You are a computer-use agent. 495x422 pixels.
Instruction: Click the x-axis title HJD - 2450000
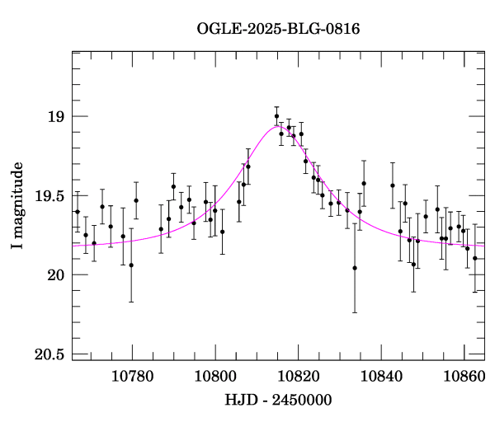[x=278, y=401]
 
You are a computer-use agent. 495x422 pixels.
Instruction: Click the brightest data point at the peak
[x=276, y=116]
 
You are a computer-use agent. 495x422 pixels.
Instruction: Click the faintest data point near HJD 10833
[x=355, y=268]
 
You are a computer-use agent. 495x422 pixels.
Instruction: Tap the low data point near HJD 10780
[x=131, y=265]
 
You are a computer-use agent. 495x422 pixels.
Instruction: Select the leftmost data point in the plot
[x=78, y=212]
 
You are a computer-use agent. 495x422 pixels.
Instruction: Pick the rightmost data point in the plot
[x=474, y=258]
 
